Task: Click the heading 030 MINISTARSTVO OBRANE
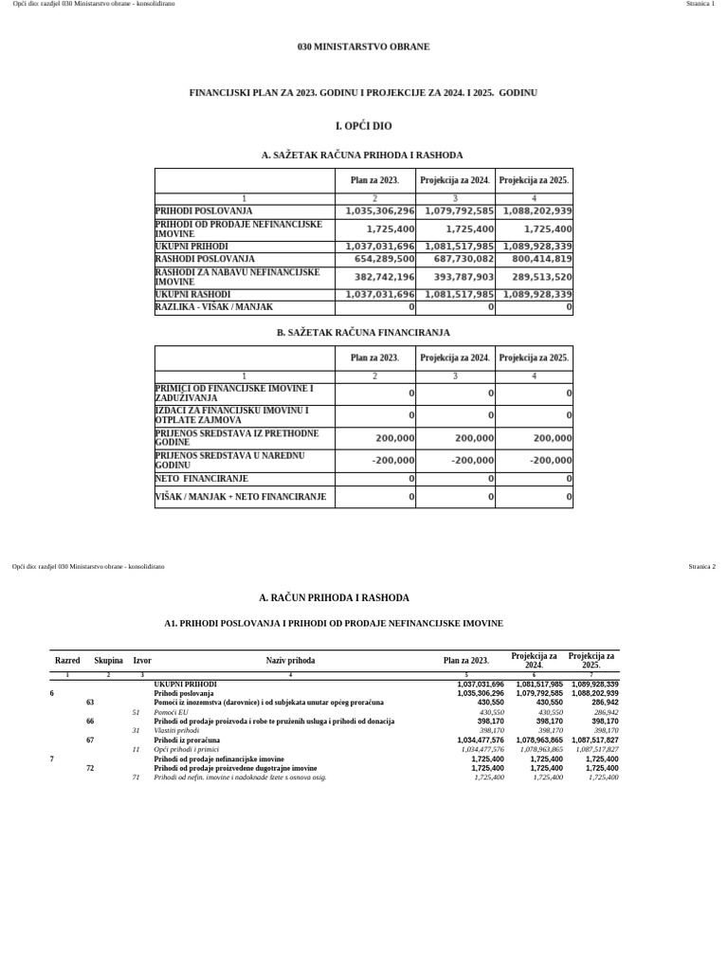click(x=363, y=46)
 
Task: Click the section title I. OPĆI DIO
click(x=363, y=125)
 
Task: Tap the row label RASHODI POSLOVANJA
click(x=205, y=258)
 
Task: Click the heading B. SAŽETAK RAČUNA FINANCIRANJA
click(x=363, y=333)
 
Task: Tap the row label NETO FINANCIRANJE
click(x=201, y=479)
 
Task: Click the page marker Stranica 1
click(x=700, y=5)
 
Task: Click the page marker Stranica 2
click(x=701, y=566)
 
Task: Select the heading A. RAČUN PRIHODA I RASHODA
click(x=334, y=598)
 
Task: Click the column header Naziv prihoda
click(x=290, y=660)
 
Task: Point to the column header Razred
click(x=67, y=660)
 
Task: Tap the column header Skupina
click(x=108, y=660)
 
